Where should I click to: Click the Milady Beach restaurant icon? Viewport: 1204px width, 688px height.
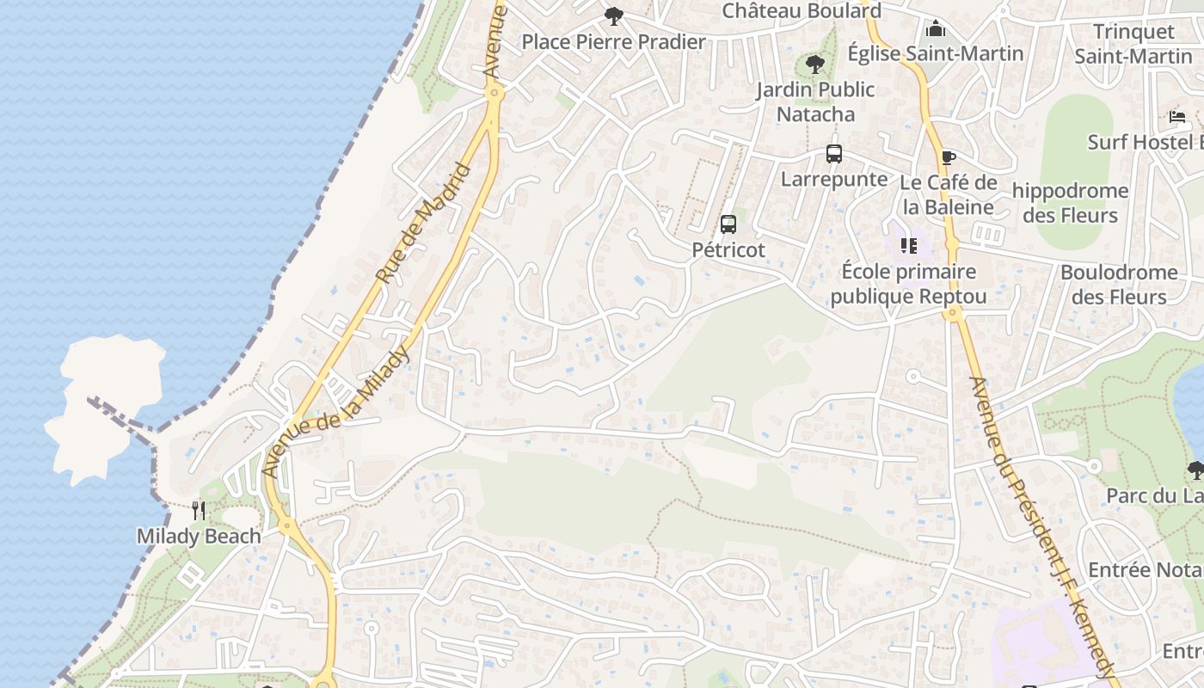click(199, 512)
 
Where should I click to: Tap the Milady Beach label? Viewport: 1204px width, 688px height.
click(199, 537)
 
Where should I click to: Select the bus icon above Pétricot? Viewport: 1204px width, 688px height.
click(728, 224)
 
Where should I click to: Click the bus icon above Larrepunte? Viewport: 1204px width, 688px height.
click(833, 154)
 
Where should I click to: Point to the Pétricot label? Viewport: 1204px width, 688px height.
click(728, 250)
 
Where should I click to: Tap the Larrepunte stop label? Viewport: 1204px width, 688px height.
click(833, 179)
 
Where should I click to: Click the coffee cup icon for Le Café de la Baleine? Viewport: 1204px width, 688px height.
click(948, 157)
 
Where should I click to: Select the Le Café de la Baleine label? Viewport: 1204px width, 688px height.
click(948, 195)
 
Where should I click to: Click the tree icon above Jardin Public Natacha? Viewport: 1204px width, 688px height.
click(814, 64)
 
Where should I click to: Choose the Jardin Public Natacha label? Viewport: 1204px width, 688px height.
click(814, 101)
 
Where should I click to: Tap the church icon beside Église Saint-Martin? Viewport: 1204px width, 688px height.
click(936, 29)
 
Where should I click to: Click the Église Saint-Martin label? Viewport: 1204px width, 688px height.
click(936, 53)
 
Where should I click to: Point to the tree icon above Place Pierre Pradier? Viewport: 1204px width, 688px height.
click(613, 15)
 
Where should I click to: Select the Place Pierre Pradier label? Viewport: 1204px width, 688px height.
click(613, 41)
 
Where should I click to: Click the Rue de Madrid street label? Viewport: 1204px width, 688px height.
click(425, 224)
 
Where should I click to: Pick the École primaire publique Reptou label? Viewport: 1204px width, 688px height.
click(908, 285)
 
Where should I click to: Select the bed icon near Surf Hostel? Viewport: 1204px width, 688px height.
click(1176, 117)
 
